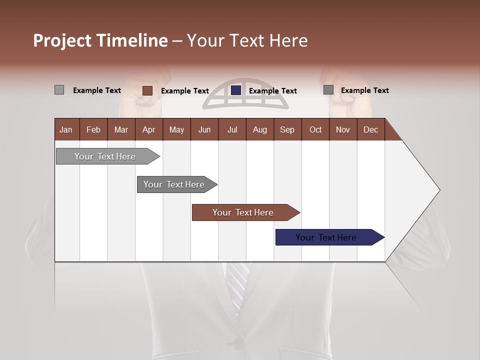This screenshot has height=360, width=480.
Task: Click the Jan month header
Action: [66, 129]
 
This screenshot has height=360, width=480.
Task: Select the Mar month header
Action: [121, 129]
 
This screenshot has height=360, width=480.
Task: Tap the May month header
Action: [176, 129]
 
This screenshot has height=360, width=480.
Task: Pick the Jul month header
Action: [232, 129]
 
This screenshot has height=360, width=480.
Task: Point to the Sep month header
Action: [287, 129]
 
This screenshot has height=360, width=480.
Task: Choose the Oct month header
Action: [315, 129]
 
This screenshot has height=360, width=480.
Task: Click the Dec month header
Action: [370, 129]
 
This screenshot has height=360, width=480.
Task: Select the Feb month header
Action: [93, 129]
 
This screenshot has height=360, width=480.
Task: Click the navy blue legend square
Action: [236, 90]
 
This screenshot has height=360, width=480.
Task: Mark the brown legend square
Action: [147, 90]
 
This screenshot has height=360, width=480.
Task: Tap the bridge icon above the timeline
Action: [245, 94]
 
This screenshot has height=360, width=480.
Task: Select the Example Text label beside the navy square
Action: [272, 91]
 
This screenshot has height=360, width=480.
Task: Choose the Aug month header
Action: [259, 129]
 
